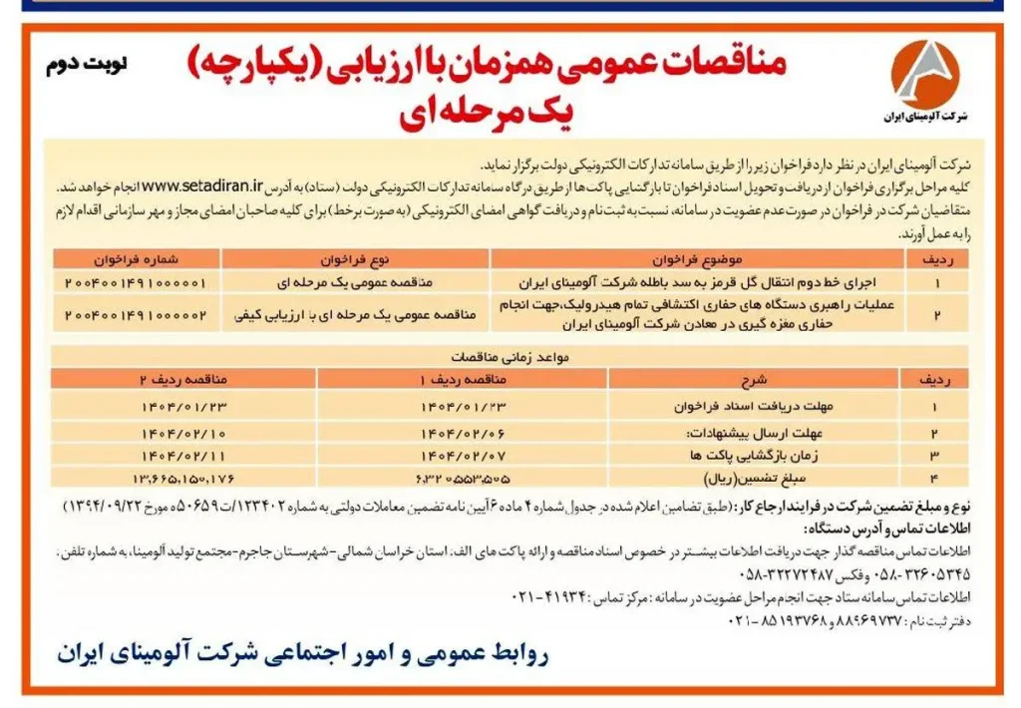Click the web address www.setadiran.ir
coord(203,185)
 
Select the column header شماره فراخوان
coord(137,259)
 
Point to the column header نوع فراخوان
coord(355,259)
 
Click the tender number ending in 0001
coord(137,282)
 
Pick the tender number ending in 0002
coord(137,314)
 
